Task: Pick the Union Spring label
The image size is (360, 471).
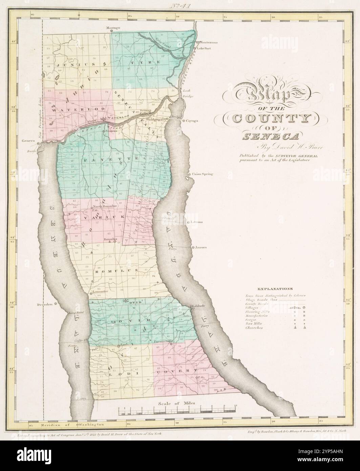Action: tap(202, 174)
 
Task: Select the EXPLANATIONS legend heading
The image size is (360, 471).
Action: tap(274, 289)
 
